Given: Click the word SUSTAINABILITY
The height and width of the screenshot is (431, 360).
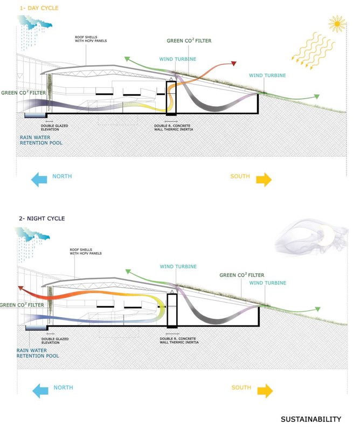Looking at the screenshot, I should pos(310,419).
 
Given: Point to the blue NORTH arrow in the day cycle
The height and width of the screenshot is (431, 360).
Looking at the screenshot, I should pos(40,179).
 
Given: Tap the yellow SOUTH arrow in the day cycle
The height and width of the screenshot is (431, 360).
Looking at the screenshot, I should pos(264,179).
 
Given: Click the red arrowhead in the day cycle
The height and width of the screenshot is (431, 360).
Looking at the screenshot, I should pos(234,64).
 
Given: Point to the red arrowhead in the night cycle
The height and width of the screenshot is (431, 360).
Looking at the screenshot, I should pos(20,289).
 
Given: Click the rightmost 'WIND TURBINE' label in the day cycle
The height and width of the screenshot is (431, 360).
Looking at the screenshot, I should pos(267,75).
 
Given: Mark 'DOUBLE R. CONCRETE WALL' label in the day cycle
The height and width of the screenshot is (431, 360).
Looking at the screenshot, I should pos(174,128).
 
